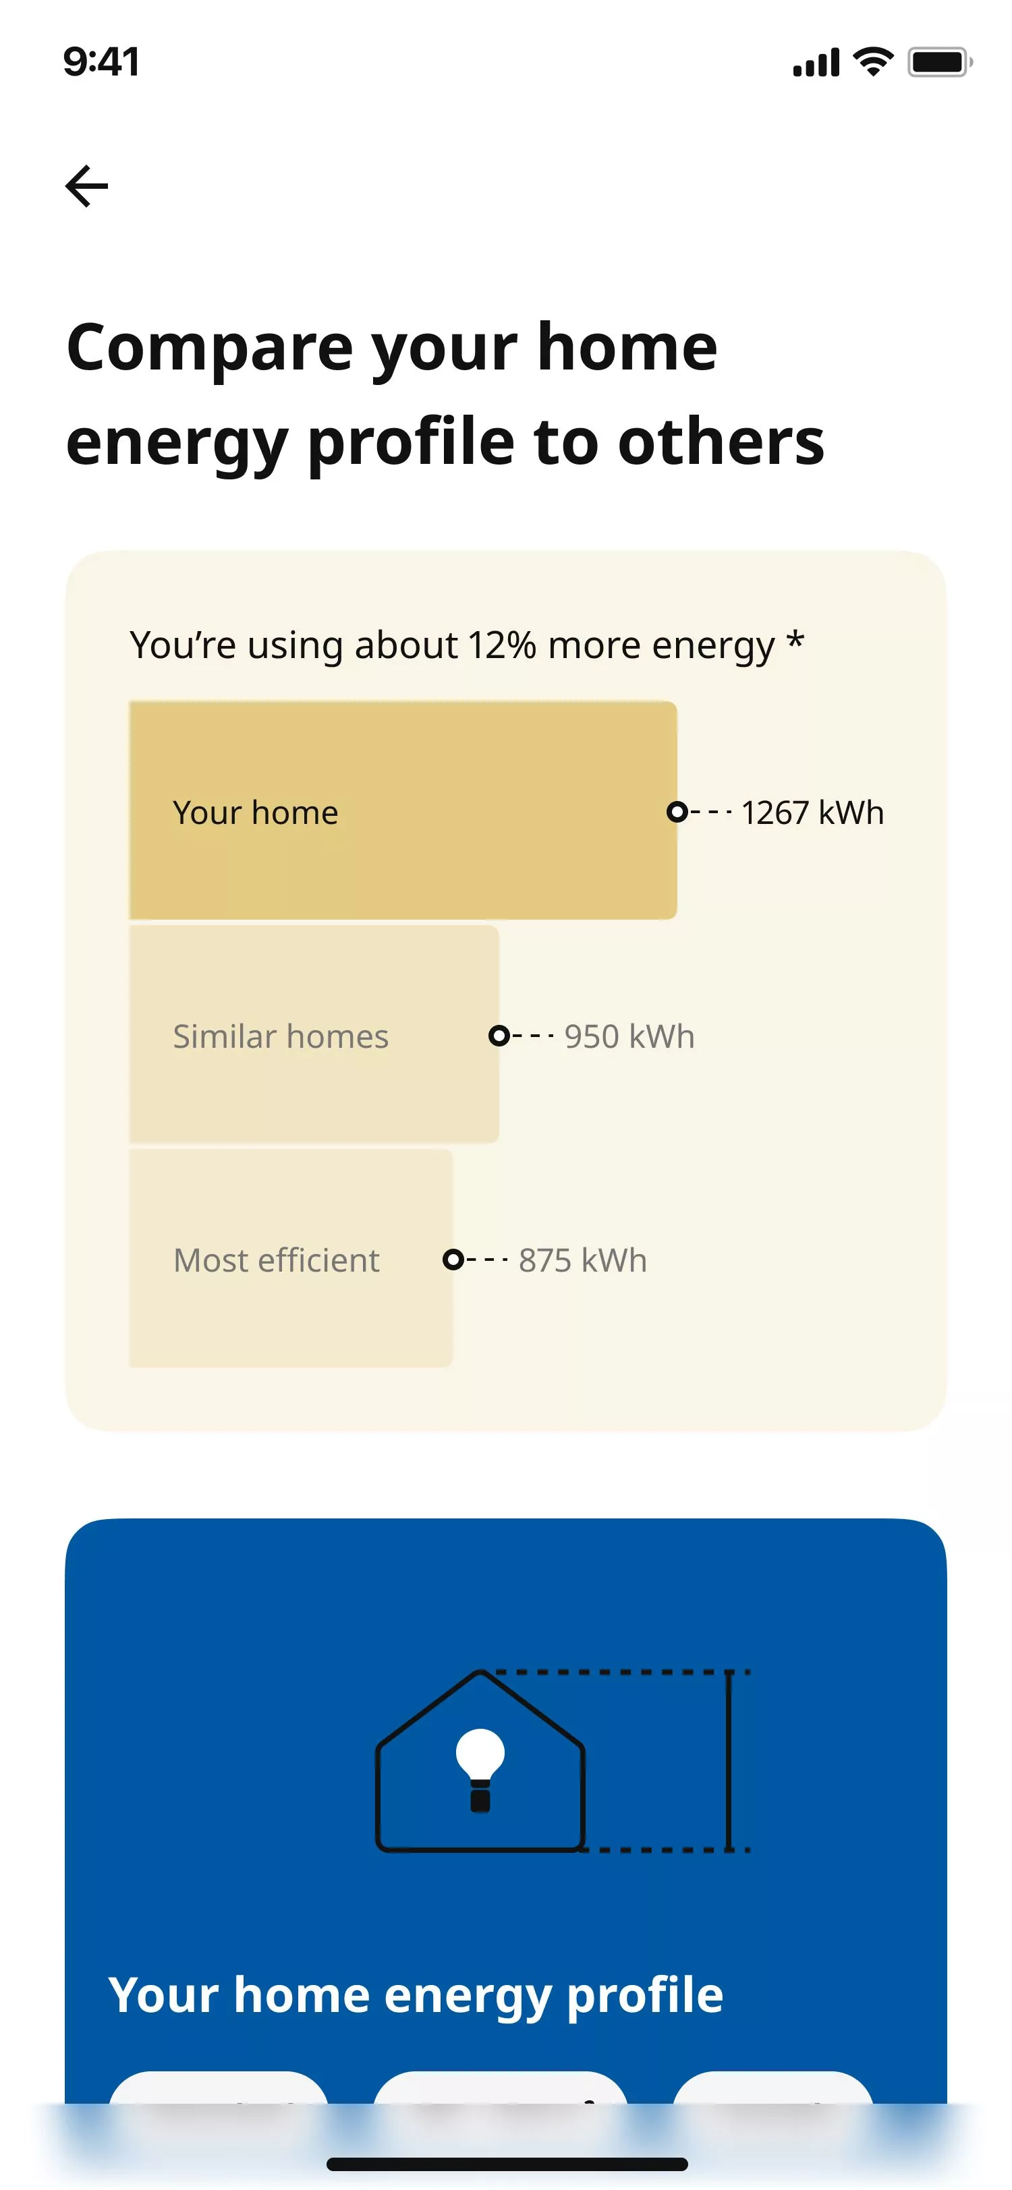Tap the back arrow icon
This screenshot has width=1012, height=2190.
click(x=87, y=186)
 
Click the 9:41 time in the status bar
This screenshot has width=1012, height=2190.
click(x=101, y=62)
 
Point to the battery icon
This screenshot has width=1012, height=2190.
click(x=940, y=62)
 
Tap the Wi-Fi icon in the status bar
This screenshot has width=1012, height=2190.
click(x=874, y=61)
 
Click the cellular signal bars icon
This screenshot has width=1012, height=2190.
click(x=816, y=63)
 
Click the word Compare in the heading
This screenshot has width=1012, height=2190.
click(x=210, y=349)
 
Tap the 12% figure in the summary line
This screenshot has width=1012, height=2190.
click(x=503, y=645)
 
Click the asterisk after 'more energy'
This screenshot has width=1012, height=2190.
click(x=795, y=639)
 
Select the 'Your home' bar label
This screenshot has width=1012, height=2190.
click(x=256, y=812)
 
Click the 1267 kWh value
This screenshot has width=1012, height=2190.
click(x=813, y=812)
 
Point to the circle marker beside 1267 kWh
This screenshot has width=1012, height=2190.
click(x=677, y=812)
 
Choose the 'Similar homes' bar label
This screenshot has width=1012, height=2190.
click(x=281, y=1036)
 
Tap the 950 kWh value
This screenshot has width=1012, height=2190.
click(x=629, y=1036)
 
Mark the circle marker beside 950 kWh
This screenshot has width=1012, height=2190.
click(x=499, y=1036)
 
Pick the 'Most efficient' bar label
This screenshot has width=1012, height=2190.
click(x=277, y=1260)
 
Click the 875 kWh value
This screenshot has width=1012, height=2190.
click(x=582, y=1260)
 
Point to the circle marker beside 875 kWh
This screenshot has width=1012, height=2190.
click(x=453, y=1259)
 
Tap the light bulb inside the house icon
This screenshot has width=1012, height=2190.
click(x=480, y=1770)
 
